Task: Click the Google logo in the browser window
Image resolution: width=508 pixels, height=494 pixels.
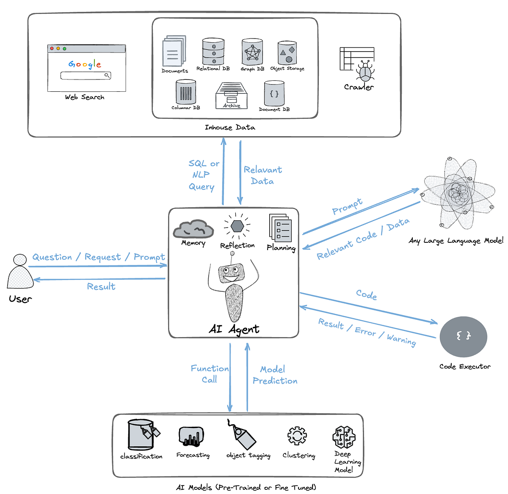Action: (85, 64)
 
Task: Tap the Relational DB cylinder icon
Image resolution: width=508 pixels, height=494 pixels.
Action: (213, 51)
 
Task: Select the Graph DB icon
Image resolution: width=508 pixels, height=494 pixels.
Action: (252, 52)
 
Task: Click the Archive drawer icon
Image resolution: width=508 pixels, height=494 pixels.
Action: (231, 96)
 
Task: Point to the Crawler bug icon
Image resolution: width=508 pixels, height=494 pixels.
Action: (364, 71)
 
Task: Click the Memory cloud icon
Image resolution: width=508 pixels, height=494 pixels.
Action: (193, 229)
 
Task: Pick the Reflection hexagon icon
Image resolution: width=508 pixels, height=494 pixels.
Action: (237, 226)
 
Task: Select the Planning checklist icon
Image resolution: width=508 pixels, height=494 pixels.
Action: (280, 228)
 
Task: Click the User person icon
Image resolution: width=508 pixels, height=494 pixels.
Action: (20, 272)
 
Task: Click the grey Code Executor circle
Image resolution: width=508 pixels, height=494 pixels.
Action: (463, 337)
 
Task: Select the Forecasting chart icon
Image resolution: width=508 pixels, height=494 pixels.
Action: (191, 436)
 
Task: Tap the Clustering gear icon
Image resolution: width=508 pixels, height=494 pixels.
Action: (297, 436)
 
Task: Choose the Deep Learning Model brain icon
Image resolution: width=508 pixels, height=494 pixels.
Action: (344, 437)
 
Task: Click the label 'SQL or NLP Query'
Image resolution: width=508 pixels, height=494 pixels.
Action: (203, 175)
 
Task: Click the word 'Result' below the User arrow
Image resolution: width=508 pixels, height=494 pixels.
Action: (101, 287)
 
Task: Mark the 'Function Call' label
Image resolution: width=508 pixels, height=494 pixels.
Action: (210, 374)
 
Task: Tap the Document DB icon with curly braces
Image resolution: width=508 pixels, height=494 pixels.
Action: (274, 94)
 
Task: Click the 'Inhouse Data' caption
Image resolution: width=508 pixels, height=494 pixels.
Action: (230, 127)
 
